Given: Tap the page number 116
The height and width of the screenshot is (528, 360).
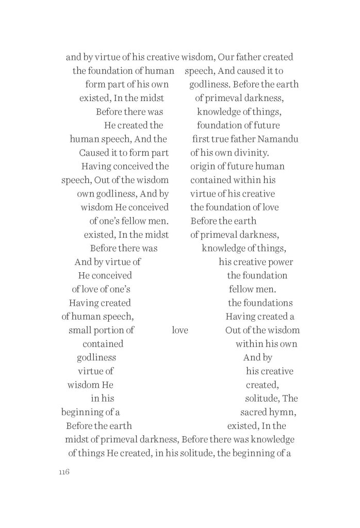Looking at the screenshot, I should [64, 473].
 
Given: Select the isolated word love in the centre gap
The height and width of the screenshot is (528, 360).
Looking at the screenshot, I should [180, 330].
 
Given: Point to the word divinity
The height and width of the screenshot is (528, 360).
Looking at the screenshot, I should [250, 153].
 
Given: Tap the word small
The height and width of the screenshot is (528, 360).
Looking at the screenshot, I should [80, 330].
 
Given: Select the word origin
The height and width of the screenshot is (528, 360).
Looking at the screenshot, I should [203, 167].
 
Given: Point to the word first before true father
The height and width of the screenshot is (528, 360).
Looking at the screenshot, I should [202, 139].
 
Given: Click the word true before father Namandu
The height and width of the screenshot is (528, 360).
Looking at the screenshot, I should [224, 139].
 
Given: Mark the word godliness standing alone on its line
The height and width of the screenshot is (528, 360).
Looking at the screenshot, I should [96, 357].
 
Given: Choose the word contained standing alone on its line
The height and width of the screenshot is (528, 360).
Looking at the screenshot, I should [103, 344].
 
